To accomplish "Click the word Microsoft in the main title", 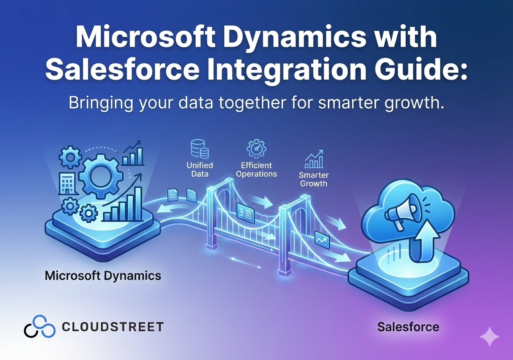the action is click(145, 37).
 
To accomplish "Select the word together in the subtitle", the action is click(252, 102).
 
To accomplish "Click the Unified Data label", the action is click(200, 170).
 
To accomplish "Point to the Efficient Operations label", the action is click(256, 170).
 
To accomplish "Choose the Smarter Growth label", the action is click(314, 179).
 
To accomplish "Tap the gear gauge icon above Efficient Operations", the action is click(256, 148).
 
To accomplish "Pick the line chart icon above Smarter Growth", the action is click(314, 159).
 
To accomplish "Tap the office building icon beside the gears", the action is click(67, 183).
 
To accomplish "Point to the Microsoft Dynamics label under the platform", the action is click(103, 276).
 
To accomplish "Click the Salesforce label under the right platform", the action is click(408, 327).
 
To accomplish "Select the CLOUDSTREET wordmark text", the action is click(113, 327).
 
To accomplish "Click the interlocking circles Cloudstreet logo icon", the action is click(40, 326).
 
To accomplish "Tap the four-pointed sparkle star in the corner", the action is click(490, 336).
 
